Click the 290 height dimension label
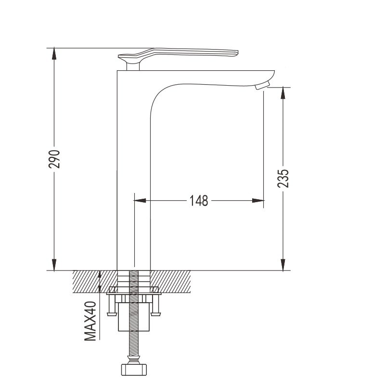[x=54, y=159]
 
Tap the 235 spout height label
[x=283, y=179]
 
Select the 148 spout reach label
[x=199, y=200]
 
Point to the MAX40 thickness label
[x=90, y=321]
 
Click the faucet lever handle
[x=178, y=54]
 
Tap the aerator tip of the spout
[x=262, y=86]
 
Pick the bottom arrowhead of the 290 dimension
[x=54, y=265]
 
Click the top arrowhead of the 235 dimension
[x=283, y=93]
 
